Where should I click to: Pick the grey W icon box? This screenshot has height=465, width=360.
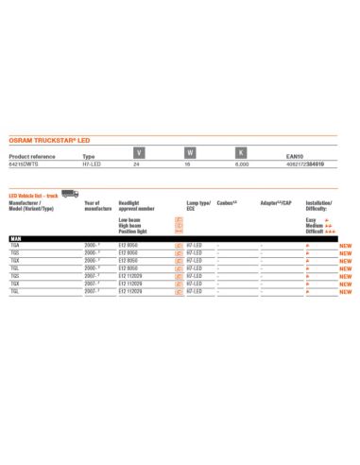point(190,152)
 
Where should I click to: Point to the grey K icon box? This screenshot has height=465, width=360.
point(241,152)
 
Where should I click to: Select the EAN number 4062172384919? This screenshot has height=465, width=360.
point(303,164)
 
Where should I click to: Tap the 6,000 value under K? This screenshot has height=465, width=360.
point(241,164)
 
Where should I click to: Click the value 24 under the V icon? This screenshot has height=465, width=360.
point(138,164)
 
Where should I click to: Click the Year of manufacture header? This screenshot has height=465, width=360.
point(96,205)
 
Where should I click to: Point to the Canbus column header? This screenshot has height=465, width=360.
point(227,202)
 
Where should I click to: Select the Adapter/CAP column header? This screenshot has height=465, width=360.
point(275,202)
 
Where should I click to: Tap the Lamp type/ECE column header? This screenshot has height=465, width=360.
point(199,205)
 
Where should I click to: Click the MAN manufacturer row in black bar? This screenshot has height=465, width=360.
point(16,238)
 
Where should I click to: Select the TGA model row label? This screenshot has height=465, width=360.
point(14,245)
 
